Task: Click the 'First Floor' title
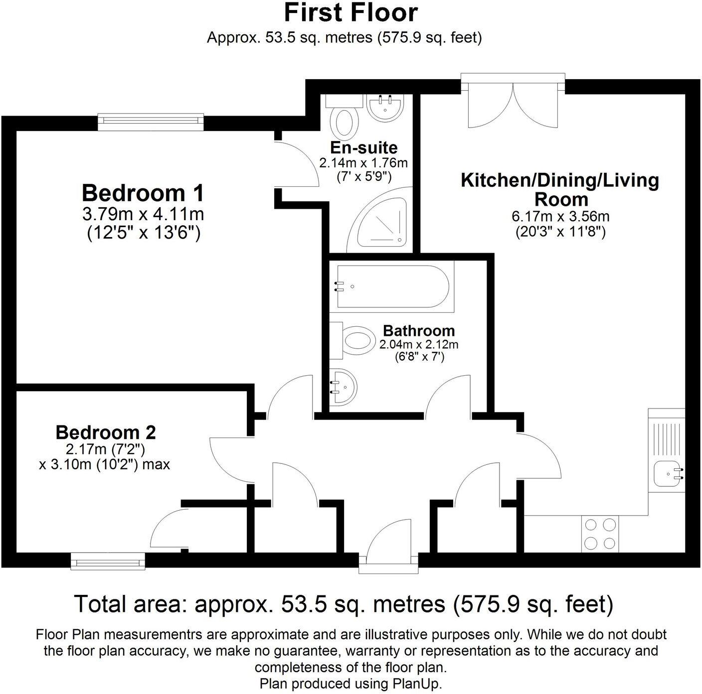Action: coord(351,13)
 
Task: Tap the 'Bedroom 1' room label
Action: coord(143,193)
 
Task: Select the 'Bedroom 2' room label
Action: coord(106,432)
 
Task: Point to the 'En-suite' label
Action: coord(363,147)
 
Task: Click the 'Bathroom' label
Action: coord(418,330)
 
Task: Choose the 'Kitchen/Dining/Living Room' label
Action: coord(560,189)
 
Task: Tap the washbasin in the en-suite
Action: coord(384,108)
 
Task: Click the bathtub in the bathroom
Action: coord(394,287)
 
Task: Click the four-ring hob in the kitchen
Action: coord(600,534)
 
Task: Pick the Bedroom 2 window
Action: coord(108,560)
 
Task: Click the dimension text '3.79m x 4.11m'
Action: coord(143,214)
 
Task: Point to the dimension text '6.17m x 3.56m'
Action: coord(560,217)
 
